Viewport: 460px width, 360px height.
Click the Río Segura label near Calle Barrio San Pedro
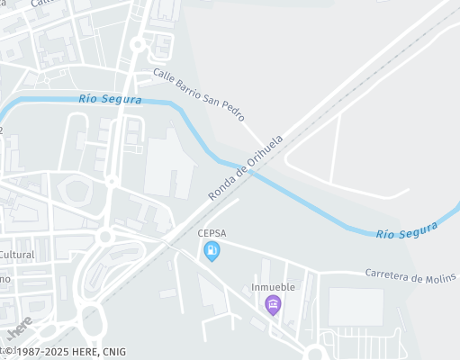(x=110, y=98)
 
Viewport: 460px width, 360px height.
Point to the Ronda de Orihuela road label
(x=246, y=167)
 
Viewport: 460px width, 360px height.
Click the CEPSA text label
(x=212, y=233)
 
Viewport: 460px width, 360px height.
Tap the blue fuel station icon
(x=212, y=251)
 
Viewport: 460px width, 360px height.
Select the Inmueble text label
(x=273, y=288)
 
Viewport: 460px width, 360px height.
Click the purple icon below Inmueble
(x=273, y=306)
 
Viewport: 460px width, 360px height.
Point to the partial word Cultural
(x=17, y=255)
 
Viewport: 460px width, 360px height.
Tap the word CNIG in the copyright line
(x=113, y=352)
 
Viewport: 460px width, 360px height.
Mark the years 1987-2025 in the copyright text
(x=43, y=352)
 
